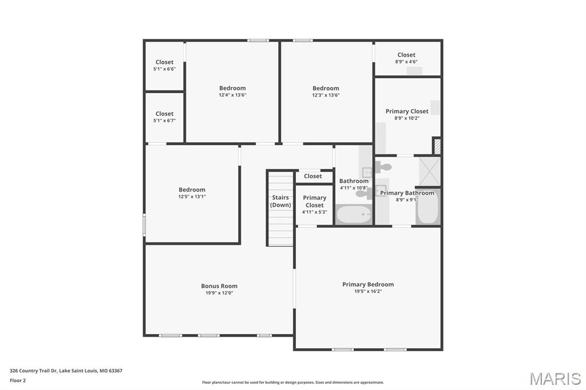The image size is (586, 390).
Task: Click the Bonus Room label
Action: [219, 286]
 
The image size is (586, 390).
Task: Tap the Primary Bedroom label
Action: [368, 284]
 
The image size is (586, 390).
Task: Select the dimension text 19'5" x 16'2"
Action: [368, 292]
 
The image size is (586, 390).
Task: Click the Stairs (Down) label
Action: [280, 201]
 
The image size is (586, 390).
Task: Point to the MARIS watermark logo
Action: [555, 378]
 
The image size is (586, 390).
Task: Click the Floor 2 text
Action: [18, 381]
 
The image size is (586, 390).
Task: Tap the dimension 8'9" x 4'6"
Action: [406, 62]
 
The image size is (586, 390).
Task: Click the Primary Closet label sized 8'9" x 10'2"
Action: [407, 112]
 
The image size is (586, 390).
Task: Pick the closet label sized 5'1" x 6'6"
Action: [164, 62]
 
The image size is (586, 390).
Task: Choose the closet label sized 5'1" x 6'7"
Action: [164, 114]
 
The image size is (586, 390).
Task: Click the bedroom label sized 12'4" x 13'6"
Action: [232, 88]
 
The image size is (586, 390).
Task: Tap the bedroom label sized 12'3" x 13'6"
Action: [326, 88]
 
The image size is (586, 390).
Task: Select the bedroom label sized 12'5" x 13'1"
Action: [192, 190]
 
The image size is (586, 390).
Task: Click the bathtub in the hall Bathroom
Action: [354, 214]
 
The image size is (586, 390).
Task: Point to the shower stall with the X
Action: [430, 172]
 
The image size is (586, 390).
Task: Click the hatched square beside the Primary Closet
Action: [437, 146]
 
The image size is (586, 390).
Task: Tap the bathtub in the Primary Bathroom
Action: [428, 206]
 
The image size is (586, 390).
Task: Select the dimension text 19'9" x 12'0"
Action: [219, 293]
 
